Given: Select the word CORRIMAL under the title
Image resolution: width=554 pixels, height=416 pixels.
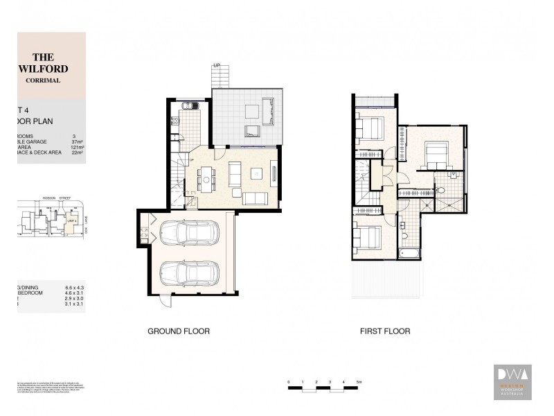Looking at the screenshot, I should pos(43,80).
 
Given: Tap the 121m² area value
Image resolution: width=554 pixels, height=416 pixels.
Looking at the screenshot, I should pos(77,148).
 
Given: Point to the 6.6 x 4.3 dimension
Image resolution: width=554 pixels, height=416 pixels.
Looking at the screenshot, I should pos(74,287).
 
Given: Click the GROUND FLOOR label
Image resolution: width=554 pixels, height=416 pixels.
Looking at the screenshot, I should pos(179,331).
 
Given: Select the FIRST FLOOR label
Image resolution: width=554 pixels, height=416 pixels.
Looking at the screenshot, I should pos(384,331).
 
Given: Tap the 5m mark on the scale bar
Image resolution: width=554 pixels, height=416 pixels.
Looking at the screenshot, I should pos(359,382).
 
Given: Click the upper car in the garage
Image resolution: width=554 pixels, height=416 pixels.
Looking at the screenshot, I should pos(189,234).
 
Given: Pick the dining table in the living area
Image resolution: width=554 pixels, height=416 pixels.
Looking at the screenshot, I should pos(205,179).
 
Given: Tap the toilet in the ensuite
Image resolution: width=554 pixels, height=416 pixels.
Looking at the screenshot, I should pos(441,190).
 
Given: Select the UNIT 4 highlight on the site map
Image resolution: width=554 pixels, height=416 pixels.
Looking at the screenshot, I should pos(71,220).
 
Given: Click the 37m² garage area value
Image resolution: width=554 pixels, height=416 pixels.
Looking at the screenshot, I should pos(77,141).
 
